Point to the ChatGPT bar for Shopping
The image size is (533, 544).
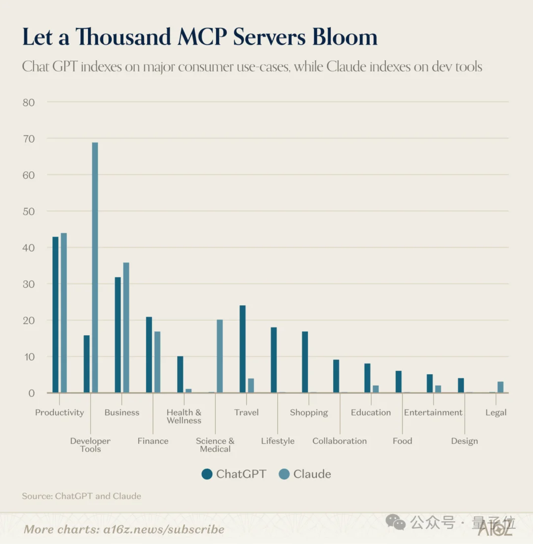click(305, 362)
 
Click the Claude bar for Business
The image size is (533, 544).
click(126, 327)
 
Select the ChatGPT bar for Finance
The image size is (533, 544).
click(149, 355)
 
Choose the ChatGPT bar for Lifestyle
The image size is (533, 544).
click(273, 360)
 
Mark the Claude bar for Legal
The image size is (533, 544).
click(500, 387)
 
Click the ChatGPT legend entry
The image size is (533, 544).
click(234, 474)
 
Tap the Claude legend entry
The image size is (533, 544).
click(305, 474)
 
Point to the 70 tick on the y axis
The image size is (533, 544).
click(29, 139)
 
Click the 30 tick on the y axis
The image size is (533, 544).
click(29, 284)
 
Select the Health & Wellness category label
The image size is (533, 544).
click(184, 416)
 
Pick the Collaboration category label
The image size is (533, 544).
click(340, 441)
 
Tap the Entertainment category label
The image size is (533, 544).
click(433, 412)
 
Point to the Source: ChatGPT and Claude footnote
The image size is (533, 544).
click(81, 496)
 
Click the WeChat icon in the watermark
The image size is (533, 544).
click(395, 522)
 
